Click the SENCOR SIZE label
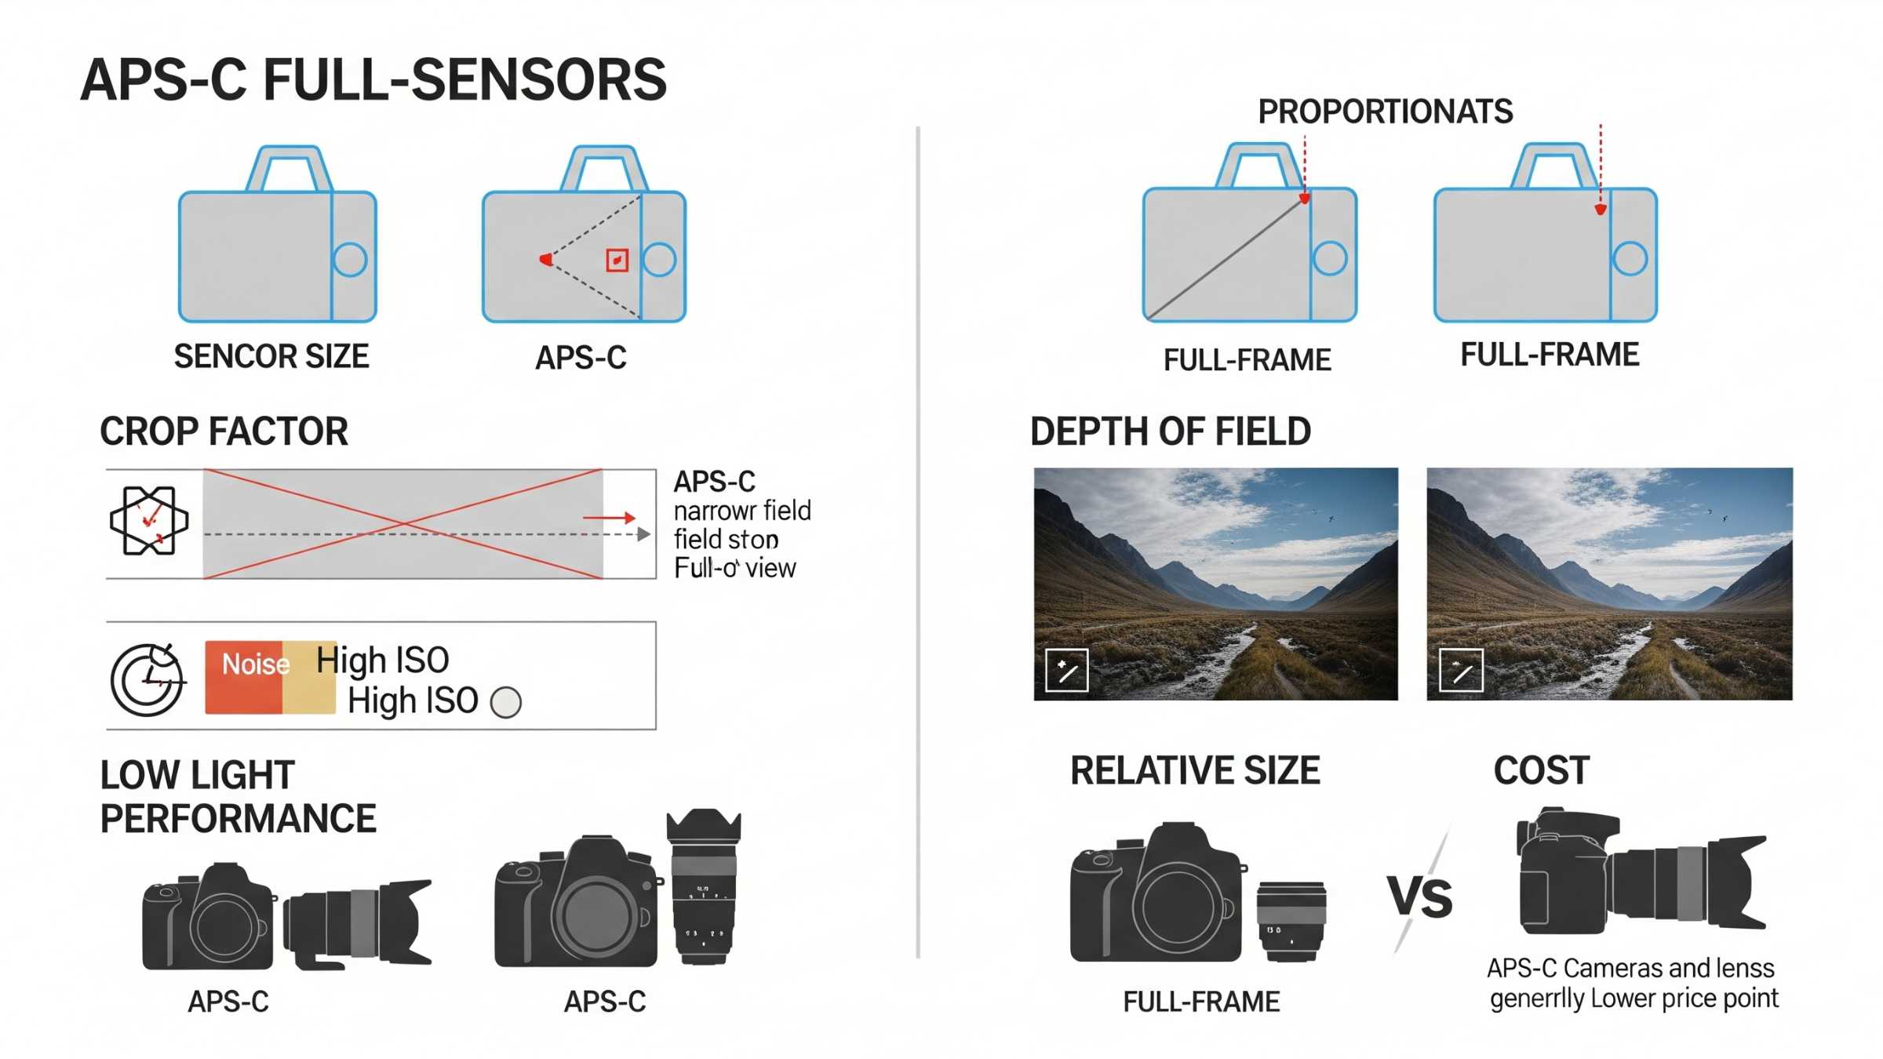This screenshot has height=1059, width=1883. [271, 357]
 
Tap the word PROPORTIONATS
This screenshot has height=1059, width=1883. [1385, 111]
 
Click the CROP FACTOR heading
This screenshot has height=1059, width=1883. [224, 431]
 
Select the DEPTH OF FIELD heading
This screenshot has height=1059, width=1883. [1170, 431]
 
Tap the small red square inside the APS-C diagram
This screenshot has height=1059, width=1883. [617, 260]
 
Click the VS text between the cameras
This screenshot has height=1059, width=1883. [1419, 897]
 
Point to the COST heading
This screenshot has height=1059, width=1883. [1541, 770]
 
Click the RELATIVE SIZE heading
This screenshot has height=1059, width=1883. [1194, 770]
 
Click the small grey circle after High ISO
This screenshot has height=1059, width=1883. [506, 702]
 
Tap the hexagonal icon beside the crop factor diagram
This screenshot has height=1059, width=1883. [149, 521]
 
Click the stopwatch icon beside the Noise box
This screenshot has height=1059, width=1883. [147, 679]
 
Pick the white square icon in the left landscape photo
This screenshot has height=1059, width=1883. [1066, 670]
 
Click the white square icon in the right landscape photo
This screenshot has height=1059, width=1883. [1461, 670]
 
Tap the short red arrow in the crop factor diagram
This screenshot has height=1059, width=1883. [609, 518]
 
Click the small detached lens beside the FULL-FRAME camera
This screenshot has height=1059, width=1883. [1291, 920]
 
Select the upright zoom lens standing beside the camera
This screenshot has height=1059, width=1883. [703, 886]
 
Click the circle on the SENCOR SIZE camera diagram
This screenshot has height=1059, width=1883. [350, 260]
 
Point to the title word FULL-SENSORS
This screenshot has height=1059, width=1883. [464, 80]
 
